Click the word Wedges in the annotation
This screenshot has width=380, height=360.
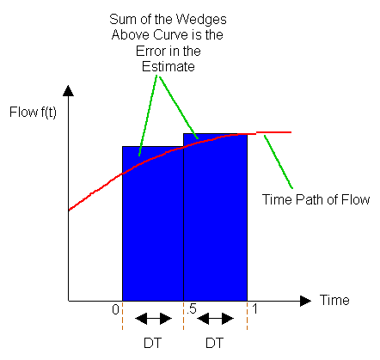point(201,20)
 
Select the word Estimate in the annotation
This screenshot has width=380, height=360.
point(169,67)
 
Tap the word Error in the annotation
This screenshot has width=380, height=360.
point(150,52)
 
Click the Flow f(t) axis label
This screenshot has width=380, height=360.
point(33,112)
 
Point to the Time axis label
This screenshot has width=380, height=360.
point(334,300)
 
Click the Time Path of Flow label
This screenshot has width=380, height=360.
point(316,199)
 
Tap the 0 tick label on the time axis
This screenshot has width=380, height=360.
point(115,309)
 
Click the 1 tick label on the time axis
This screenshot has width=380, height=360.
point(254,309)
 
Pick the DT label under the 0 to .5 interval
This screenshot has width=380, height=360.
point(152,343)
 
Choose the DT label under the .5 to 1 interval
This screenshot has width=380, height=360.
point(214,343)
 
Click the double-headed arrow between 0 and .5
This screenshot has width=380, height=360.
point(153,319)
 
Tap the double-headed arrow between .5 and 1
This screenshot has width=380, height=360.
point(215,319)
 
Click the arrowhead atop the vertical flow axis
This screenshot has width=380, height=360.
point(68,90)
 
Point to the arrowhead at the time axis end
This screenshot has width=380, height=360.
point(305,301)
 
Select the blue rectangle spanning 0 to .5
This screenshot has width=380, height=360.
point(153,223)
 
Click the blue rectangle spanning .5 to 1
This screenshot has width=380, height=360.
point(215,217)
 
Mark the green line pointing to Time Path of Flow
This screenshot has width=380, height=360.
point(279,162)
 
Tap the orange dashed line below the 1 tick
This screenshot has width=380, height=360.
point(247,315)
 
